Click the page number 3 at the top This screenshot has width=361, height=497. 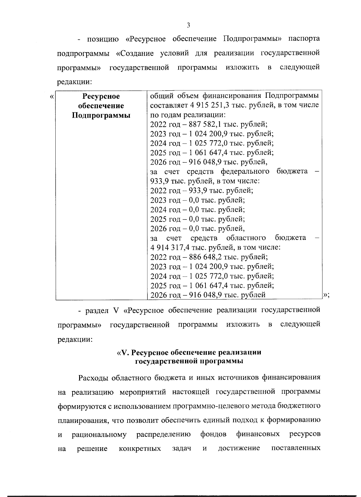188,25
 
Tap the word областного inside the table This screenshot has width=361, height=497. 246,238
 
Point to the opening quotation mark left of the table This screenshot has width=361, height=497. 52,97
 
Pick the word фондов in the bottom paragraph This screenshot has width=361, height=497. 213,434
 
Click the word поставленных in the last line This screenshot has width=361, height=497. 295,449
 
